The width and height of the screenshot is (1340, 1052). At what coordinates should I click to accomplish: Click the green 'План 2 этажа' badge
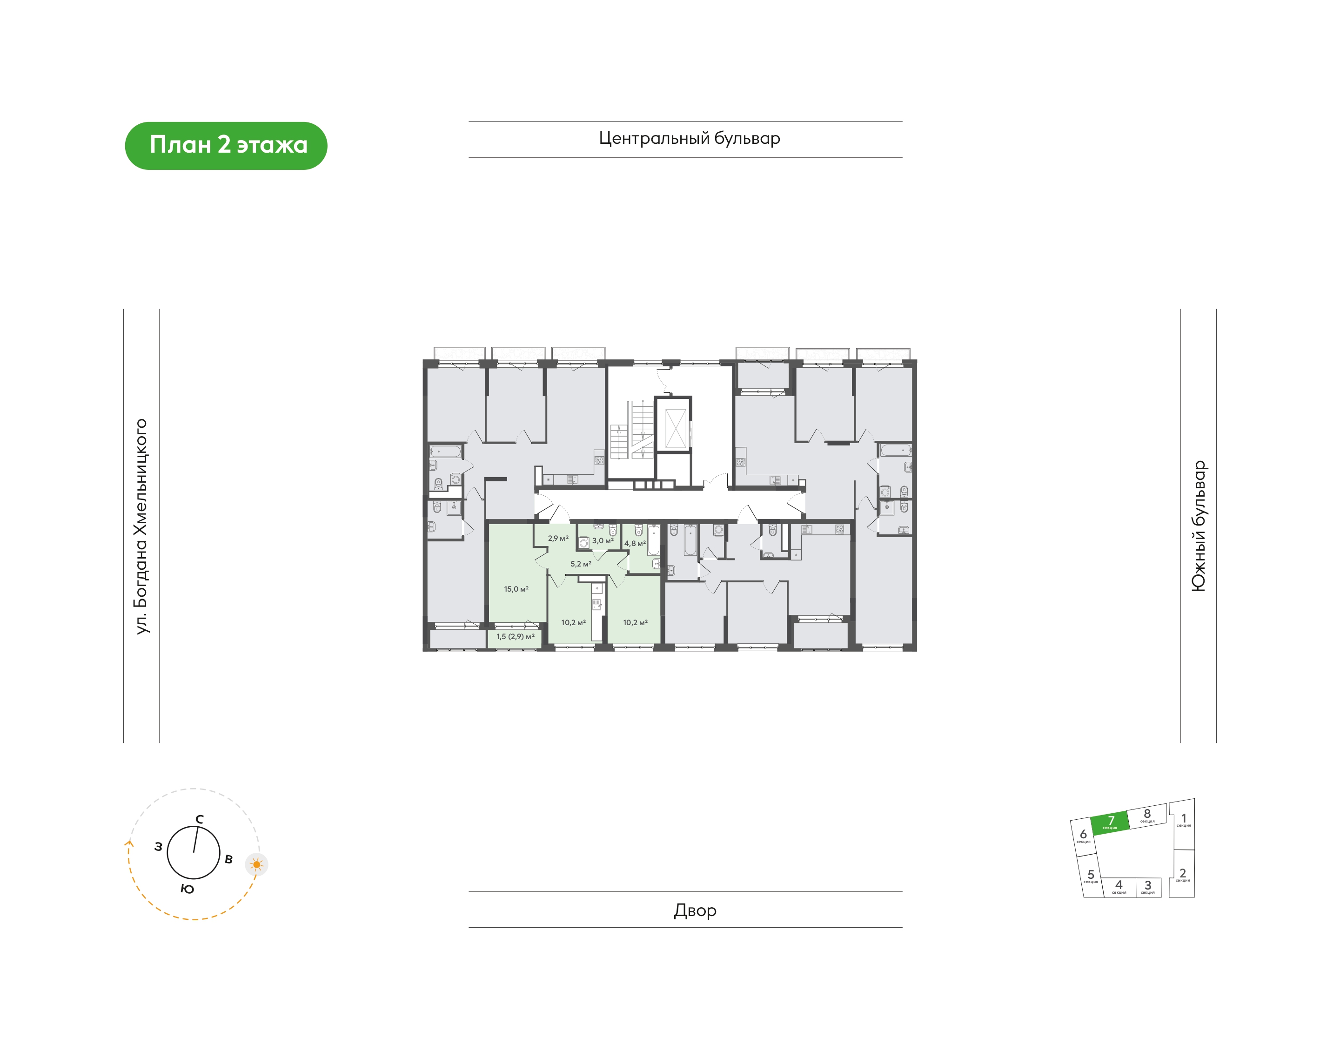point(226,145)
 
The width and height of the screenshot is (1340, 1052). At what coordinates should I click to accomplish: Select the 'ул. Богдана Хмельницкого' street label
point(141,526)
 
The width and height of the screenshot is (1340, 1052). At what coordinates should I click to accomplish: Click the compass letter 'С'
point(200,819)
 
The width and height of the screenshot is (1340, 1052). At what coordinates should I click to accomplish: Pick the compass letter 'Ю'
point(188,889)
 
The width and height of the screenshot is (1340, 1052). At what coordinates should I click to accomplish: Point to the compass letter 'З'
point(158,847)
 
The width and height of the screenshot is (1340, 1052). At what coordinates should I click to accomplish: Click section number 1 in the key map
point(1184,819)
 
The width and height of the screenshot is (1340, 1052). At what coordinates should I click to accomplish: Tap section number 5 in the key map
point(1091,875)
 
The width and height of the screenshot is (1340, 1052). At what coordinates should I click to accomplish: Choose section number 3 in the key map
point(1148,885)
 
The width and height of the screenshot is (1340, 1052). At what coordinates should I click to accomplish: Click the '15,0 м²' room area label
point(516,589)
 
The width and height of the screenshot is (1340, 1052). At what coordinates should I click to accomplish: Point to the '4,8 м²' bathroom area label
point(635,543)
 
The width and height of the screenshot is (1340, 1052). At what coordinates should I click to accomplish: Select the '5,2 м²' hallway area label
point(581,564)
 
